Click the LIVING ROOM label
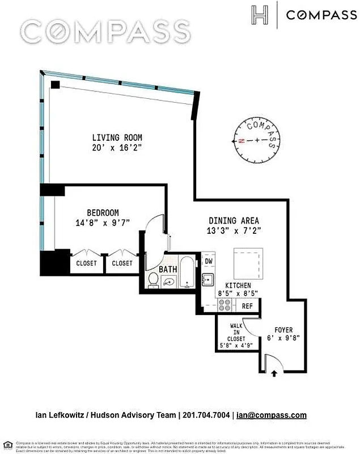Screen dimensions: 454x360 pos(117,137)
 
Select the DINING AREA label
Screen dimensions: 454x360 pos(234,221)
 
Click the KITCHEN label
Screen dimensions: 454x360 pos(238,285)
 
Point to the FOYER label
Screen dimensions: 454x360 pos(283,330)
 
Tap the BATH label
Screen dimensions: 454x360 pos(168,269)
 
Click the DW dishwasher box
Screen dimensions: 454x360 pos(208,261)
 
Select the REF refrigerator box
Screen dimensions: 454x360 pos(247,306)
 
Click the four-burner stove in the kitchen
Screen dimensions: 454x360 pos(225,305)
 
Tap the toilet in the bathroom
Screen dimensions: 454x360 pos(153,280)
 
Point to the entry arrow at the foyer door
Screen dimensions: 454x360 pos(274,373)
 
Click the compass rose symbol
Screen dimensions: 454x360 pos(257,140)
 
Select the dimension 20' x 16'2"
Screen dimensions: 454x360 pos(117,148)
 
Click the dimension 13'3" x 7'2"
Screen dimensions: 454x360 pos(234,231)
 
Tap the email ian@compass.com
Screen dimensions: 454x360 pos(272,415)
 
